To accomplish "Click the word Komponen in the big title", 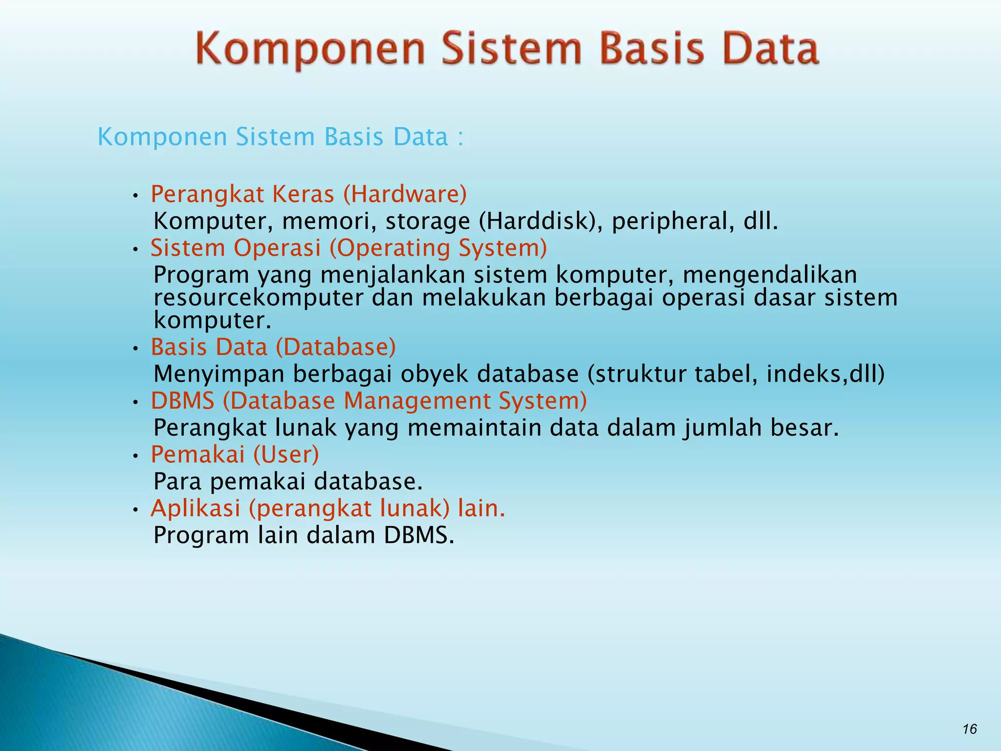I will point(311,49).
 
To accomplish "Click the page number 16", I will point(970,729).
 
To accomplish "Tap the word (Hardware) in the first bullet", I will point(405,195).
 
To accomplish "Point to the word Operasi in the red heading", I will point(277,248).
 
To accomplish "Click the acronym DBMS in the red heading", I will point(183,401).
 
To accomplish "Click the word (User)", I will point(286,455).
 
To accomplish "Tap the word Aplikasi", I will point(196,508).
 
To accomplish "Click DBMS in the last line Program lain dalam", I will point(418,535).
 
